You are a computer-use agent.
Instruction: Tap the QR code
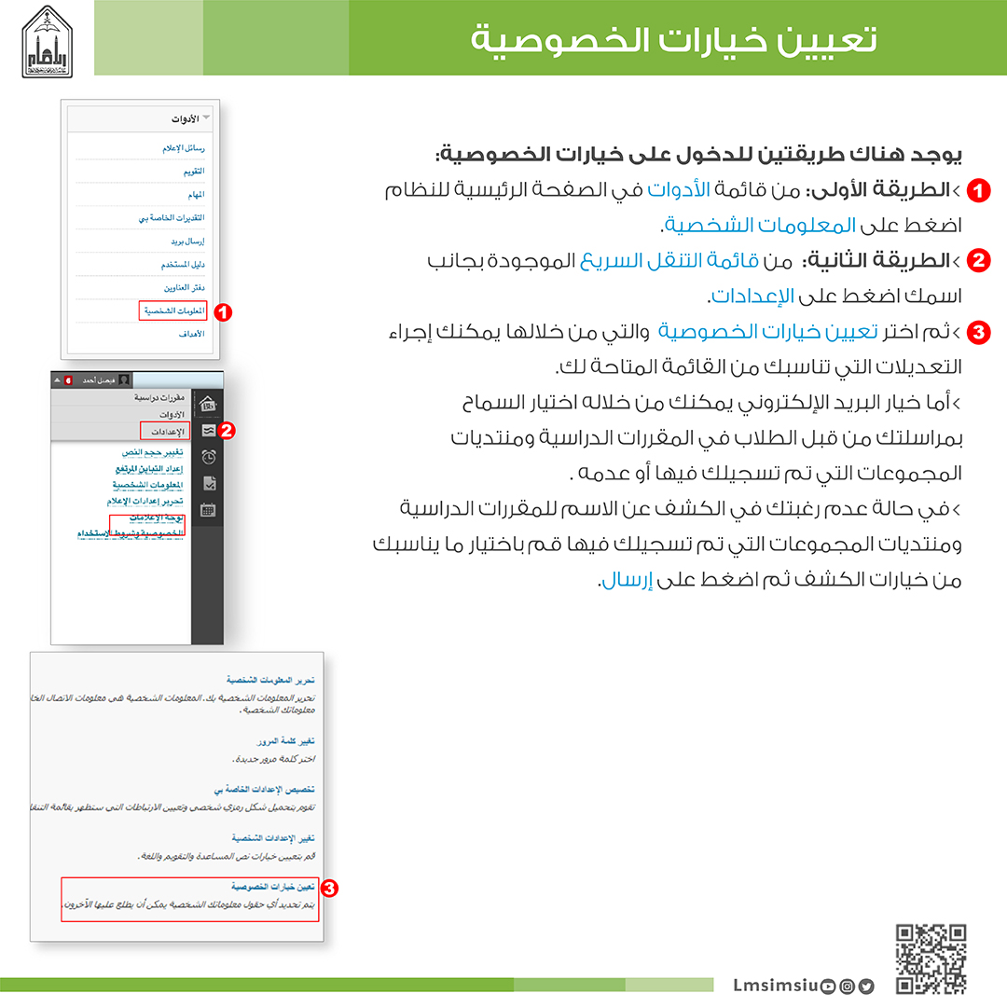pos(931,959)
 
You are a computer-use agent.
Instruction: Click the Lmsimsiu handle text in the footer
pos(775,986)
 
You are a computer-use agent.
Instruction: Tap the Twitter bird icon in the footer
pos(867,986)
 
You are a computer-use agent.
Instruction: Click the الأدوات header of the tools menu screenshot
pos(187,119)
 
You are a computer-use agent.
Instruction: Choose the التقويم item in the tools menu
pos(194,172)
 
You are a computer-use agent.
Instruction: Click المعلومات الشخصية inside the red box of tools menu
pos(173,310)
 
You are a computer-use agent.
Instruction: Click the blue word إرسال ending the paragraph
pos(618,580)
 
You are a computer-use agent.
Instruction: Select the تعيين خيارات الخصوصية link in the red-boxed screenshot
pos(269,886)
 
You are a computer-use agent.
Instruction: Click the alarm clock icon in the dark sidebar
pos(209,456)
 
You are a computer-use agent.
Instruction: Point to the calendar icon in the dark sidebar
pos(209,509)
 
